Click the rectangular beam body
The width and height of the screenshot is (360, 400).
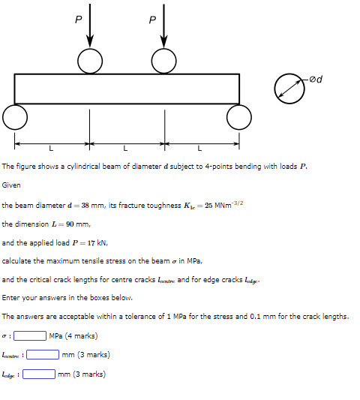point(127,88)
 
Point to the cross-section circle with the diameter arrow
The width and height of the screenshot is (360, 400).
point(286,88)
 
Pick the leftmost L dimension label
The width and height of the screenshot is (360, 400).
point(52,146)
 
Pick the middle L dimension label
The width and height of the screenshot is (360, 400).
point(126,146)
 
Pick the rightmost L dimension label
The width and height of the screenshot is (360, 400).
point(200,146)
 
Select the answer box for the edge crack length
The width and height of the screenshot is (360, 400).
point(38,374)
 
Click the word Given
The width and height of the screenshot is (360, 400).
point(11,185)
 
